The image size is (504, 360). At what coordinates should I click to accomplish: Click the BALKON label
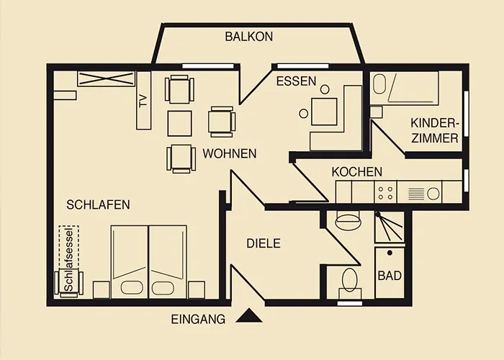click(x=248, y=36)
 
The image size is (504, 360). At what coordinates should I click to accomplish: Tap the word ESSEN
click(x=296, y=81)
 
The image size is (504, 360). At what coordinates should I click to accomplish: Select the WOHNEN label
click(x=230, y=153)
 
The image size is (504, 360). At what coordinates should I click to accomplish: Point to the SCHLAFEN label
click(x=98, y=204)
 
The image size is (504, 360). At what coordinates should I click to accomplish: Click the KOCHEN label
click(x=356, y=172)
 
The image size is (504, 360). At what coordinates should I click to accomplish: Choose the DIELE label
click(x=264, y=244)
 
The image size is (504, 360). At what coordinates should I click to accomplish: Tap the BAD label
click(x=390, y=276)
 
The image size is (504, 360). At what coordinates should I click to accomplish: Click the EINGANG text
click(x=198, y=318)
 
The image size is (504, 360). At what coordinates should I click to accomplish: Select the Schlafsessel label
click(x=68, y=259)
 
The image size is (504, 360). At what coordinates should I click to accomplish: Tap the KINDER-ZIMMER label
click(x=435, y=130)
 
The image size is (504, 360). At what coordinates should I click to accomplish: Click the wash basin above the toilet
click(x=348, y=220)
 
